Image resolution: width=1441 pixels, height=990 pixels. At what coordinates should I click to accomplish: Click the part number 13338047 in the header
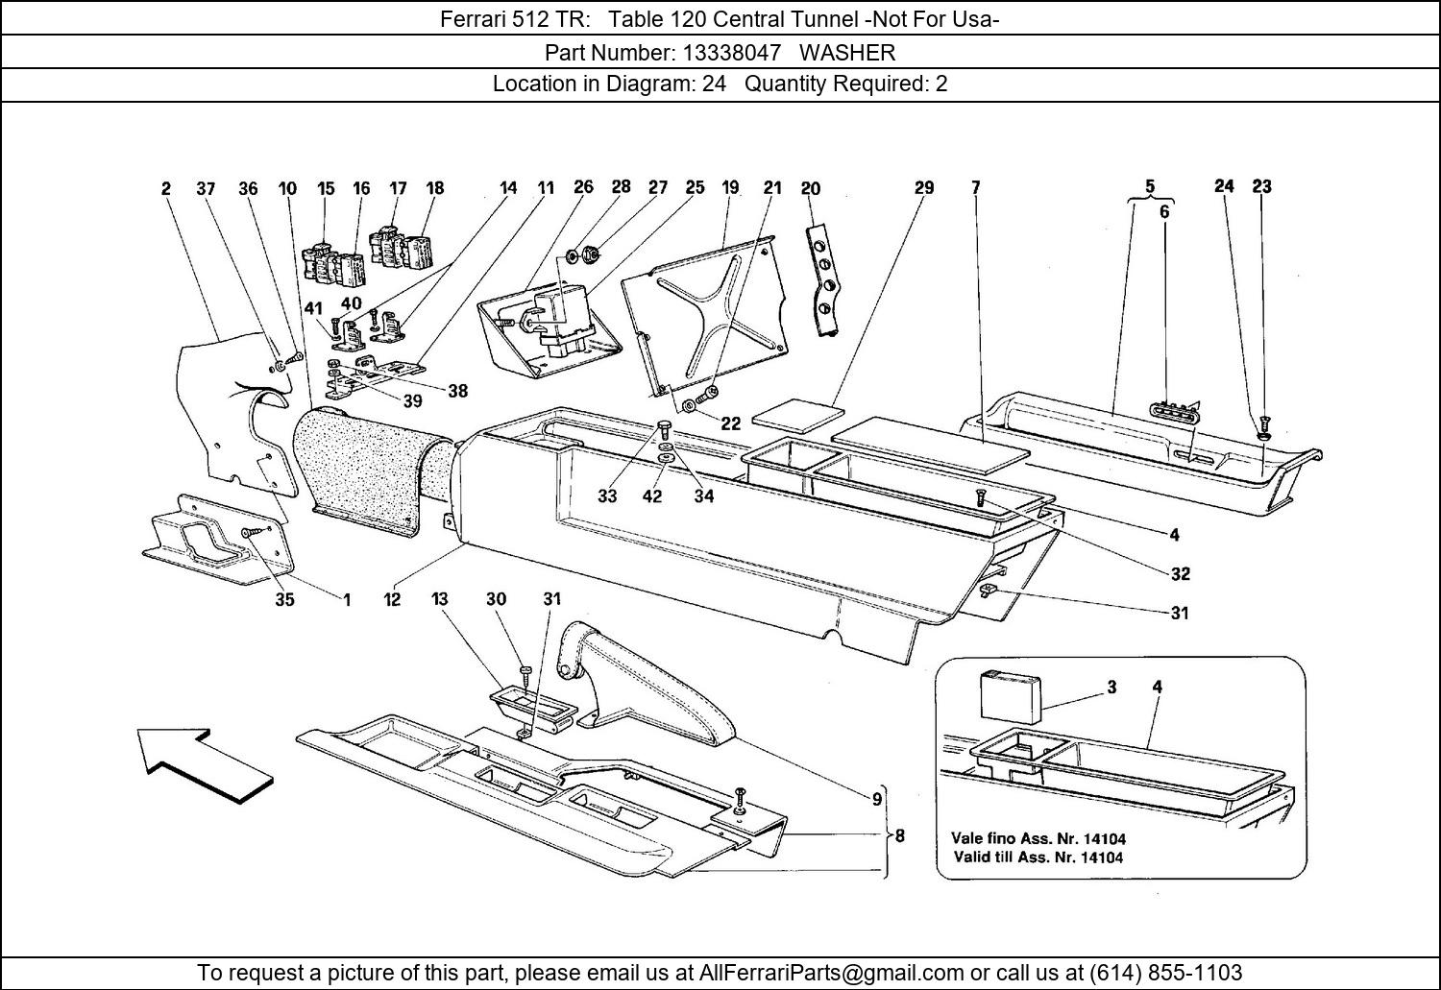point(731,53)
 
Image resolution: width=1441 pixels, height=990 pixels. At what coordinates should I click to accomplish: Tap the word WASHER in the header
point(847,53)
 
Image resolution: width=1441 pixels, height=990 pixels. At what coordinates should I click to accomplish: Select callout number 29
point(924,187)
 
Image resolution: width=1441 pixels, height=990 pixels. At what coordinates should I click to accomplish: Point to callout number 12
point(392,599)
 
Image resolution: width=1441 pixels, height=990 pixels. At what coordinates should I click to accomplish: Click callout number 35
point(284,599)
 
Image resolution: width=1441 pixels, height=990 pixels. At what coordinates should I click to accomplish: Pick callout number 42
point(651,496)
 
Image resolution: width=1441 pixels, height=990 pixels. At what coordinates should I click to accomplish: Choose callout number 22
point(731,423)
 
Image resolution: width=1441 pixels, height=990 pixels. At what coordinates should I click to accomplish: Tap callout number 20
point(811,188)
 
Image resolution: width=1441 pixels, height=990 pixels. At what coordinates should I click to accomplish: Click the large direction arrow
point(205,765)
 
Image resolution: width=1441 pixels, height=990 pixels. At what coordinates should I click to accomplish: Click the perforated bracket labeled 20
point(825,279)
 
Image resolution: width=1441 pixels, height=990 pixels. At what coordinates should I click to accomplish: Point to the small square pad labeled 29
point(797,415)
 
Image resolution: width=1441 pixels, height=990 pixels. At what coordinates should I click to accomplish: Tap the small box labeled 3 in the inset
point(1009,695)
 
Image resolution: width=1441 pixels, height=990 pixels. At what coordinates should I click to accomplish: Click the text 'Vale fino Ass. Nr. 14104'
point(1038,838)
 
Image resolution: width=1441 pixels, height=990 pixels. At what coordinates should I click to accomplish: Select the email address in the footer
point(831,971)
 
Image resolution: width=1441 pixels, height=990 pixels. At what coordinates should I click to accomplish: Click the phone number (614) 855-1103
point(1165,971)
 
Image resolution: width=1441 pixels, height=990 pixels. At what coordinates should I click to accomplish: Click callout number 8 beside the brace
point(899,835)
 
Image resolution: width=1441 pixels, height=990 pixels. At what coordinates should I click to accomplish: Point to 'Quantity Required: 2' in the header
point(845,85)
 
